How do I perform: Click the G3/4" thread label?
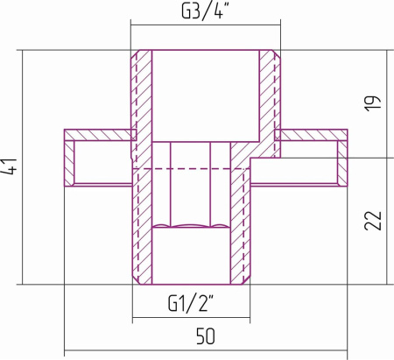point(205,12)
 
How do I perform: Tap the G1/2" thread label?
point(191,303)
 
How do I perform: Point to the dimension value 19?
point(373,102)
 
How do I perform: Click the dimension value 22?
point(373,221)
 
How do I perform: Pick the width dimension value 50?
point(206,336)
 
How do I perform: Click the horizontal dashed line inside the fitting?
point(191,168)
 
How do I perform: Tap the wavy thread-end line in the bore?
point(190,226)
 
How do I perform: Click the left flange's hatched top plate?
point(101,135)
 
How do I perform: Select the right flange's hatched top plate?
point(311,135)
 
